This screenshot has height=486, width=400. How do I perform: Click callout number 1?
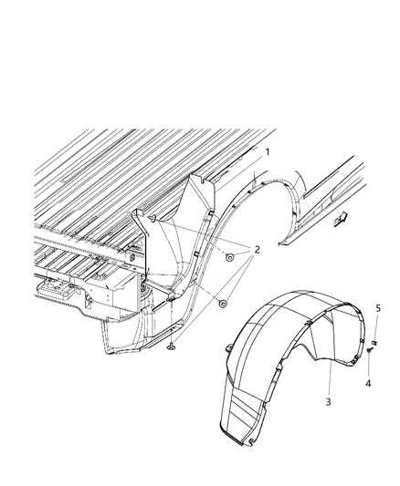pos(268,151)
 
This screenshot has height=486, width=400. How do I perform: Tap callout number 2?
pos(258,250)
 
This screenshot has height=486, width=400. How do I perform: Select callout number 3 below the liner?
pos(328,401)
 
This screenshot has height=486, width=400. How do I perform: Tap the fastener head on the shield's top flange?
pos(153,218)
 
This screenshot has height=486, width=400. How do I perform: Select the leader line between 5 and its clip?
pos(376,328)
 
